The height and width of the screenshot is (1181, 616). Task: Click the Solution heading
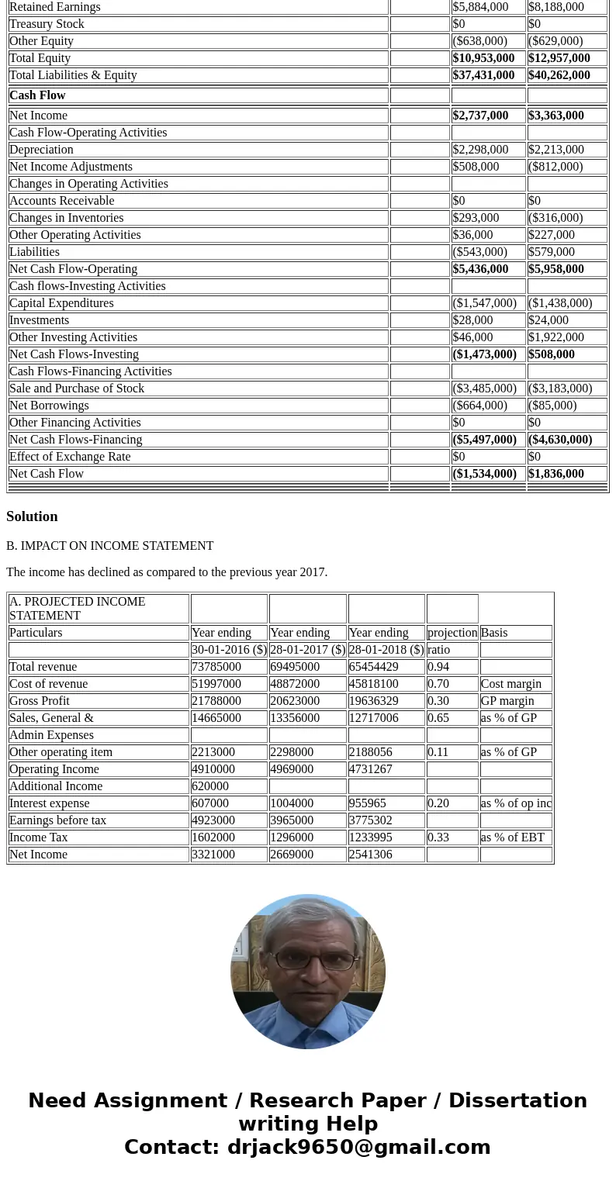(x=32, y=516)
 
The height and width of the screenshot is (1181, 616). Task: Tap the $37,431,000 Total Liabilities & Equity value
(x=483, y=75)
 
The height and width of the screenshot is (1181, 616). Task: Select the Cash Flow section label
(x=37, y=95)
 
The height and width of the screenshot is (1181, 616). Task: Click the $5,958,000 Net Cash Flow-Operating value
(x=556, y=269)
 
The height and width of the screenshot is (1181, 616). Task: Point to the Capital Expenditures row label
(x=61, y=303)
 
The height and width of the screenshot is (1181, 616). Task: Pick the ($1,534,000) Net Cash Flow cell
(x=484, y=474)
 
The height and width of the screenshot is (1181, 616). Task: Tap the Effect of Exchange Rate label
(x=70, y=457)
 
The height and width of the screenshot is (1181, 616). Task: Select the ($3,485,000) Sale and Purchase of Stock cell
(x=484, y=388)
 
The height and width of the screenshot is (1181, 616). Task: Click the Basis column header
(x=493, y=633)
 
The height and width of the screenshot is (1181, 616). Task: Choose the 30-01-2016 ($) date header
(x=229, y=650)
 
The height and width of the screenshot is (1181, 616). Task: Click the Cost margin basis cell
(x=506, y=684)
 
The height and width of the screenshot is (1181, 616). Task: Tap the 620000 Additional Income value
(x=210, y=786)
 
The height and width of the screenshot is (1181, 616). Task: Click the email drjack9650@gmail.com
(x=359, y=1147)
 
